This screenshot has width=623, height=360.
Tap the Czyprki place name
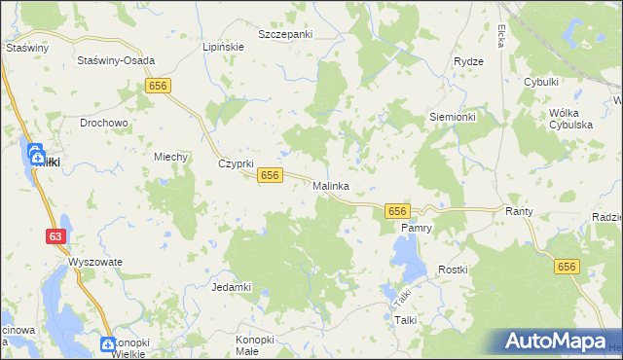[236, 163]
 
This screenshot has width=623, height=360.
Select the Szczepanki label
[285, 34]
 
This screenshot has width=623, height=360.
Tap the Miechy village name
[170, 157]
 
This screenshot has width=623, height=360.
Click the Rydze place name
[468, 61]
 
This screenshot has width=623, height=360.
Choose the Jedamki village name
[232, 287]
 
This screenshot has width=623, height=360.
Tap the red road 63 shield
[56, 235]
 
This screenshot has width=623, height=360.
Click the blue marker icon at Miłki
[35, 154]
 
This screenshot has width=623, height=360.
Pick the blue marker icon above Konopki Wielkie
[108, 344]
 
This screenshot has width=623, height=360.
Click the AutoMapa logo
[556, 342]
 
